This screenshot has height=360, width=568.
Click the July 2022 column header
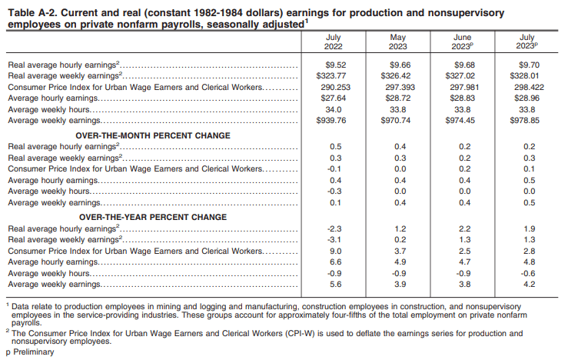(x=334, y=42)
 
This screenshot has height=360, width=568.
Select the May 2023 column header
(x=397, y=42)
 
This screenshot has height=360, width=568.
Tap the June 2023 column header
(x=463, y=42)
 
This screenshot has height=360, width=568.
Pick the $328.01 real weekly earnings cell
(x=527, y=77)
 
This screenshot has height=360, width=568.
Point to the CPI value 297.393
(x=397, y=88)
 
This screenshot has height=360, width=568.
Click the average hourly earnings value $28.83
(x=463, y=98)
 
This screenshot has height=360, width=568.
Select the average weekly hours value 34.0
(x=334, y=109)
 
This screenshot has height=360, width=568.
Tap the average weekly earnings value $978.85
(x=527, y=120)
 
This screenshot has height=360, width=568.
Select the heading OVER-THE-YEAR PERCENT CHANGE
(x=153, y=218)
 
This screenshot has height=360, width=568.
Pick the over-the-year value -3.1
(x=334, y=240)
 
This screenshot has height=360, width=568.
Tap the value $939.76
(x=334, y=120)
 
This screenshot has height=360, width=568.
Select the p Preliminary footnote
(x=30, y=352)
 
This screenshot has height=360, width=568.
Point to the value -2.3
(x=334, y=229)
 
